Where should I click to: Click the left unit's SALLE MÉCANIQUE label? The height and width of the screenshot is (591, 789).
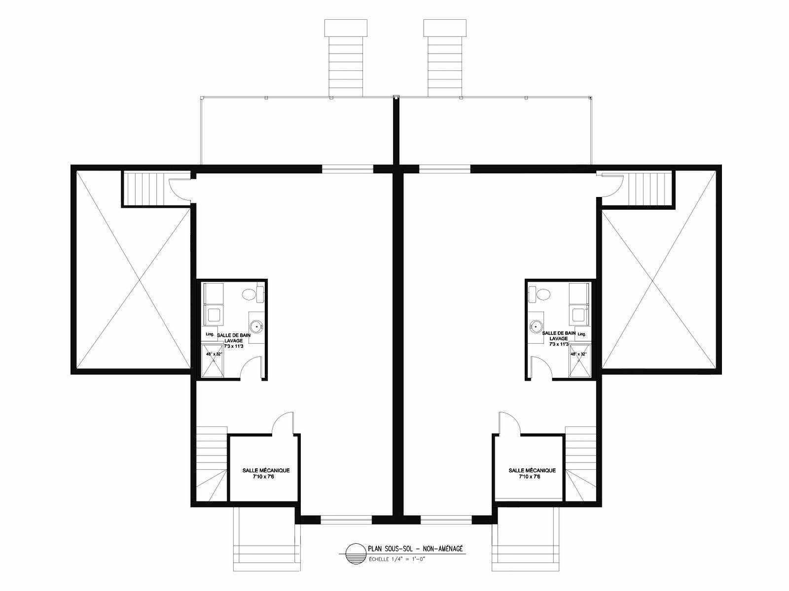click(266, 470)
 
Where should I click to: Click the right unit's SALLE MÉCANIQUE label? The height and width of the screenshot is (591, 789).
click(532, 470)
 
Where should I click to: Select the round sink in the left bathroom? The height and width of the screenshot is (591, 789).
click(256, 327)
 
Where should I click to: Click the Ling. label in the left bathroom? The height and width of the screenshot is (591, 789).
click(210, 334)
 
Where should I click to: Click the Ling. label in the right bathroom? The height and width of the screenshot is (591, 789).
click(582, 334)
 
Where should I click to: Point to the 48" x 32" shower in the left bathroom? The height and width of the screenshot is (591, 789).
click(213, 361)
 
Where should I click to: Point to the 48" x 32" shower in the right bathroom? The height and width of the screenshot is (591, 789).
click(579, 361)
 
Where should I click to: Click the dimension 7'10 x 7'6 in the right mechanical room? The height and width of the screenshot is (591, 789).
click(530, 477)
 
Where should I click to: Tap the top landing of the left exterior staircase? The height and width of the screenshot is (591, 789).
click(346, 28)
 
